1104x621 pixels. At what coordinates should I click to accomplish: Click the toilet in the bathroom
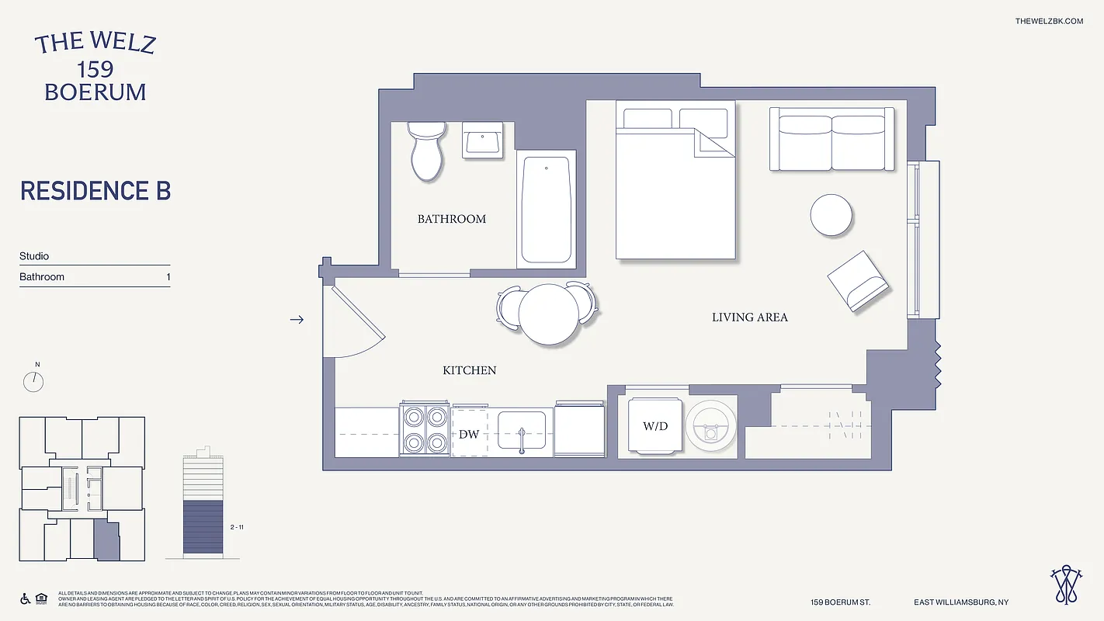[425, 152]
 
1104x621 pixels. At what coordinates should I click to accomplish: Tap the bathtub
[547, 210]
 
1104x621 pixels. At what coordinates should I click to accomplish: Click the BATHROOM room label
[452, 219]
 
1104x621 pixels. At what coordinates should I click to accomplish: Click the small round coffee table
[831, 215]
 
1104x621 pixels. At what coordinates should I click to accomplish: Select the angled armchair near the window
[857, 281]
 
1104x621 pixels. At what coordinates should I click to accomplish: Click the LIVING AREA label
[749, 317]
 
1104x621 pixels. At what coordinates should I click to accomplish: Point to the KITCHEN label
[469, 370]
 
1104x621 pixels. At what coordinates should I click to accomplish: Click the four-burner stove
[425, 430]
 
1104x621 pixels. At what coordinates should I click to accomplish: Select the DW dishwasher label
[469, 434]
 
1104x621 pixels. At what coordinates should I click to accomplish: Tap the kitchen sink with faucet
[521, 432]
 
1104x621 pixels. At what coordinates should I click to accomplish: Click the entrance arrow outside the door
[297, 319]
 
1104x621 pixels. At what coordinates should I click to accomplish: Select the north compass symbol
[33, 381]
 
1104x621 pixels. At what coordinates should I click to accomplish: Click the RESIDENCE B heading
[95, 191]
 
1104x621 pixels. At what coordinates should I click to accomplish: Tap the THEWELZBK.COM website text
[1048, 21]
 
